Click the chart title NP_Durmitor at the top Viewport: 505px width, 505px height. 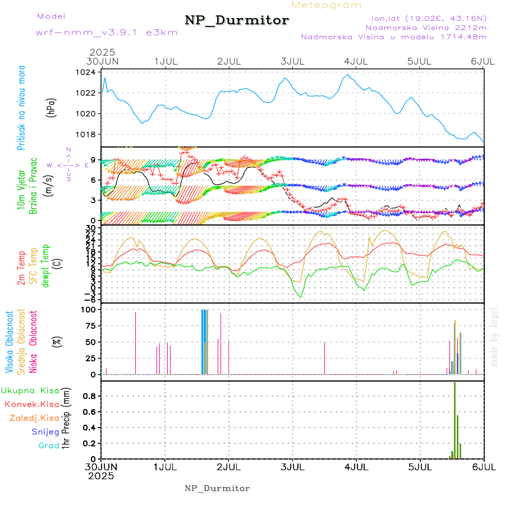[x=237, y=21]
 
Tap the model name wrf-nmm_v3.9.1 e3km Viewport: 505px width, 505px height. [x=107, y=33]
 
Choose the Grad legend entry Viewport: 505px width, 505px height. [x=49, y=446]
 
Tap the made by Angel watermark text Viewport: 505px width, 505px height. [x=494, y=337]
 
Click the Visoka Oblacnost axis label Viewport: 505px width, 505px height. [x=10, y=343]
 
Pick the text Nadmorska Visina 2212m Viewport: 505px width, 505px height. [x=426, y=27]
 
